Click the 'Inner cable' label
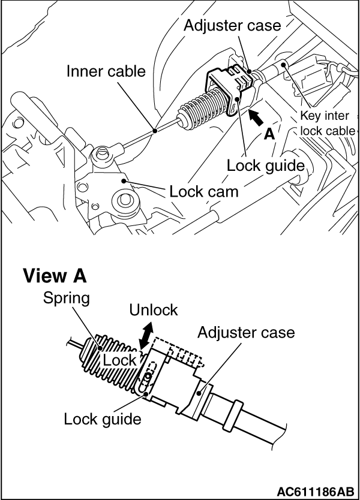tap(106, 72)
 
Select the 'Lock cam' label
tap(203, 192)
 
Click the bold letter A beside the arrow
tap(269, 134)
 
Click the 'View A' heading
tap(55, 276)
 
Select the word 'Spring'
tap(66, 298)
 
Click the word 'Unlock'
tap(154, 310)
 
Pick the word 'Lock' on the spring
tap(119, 360)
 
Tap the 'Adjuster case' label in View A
tap(246, 332)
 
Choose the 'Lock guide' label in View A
tap(103, 418)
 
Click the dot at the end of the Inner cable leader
tap(155, 129)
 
